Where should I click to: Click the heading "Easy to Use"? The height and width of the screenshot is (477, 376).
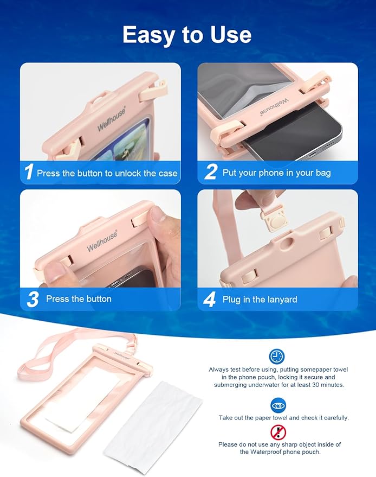[187, 35]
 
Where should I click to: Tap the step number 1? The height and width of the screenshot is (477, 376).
[29, 173]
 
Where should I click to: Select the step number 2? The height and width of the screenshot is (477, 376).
[210, 173]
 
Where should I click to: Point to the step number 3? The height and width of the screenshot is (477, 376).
[33, 299]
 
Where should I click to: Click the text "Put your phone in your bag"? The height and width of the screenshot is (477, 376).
[276, 173]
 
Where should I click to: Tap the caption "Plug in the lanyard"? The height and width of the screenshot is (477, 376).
[260, 299]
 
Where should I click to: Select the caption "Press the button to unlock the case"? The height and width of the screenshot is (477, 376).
[107, 173]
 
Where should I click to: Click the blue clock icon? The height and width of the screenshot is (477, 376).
[277, 357]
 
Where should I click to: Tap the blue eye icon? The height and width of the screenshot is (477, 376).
[278, 405]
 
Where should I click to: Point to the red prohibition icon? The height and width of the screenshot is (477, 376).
[278, 432]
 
